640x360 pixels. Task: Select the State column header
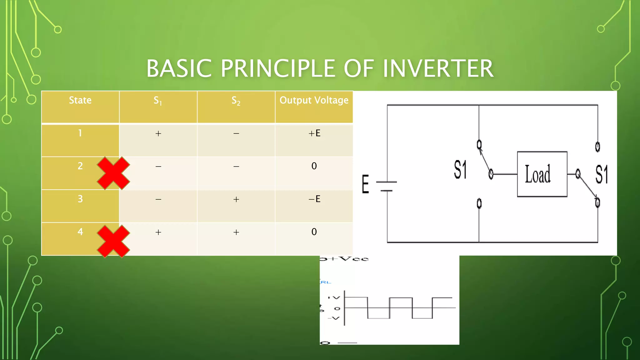tap(80, 100)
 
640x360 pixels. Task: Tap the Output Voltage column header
tap(314, 100)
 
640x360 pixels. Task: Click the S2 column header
tap(236, 101)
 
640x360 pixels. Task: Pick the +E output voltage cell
tap(314, 133)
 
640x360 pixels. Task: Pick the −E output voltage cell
tap(314, 199)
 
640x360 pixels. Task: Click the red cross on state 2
tap(113, 173)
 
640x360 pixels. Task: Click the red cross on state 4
tap(113, 241)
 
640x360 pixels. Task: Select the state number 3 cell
tap(80, 199)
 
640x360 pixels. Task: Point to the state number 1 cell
tap(80, 133)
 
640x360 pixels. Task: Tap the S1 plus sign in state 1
tap(158, 134)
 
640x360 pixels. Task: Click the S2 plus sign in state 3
tap(236, 199)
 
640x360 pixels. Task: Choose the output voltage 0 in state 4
tap(314, 232)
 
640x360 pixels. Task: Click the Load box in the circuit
tap(542, 174)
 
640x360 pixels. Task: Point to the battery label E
tap(365, 184)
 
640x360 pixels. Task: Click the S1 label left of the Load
tap(460, 170)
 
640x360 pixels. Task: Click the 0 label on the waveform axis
tap(337, 308)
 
